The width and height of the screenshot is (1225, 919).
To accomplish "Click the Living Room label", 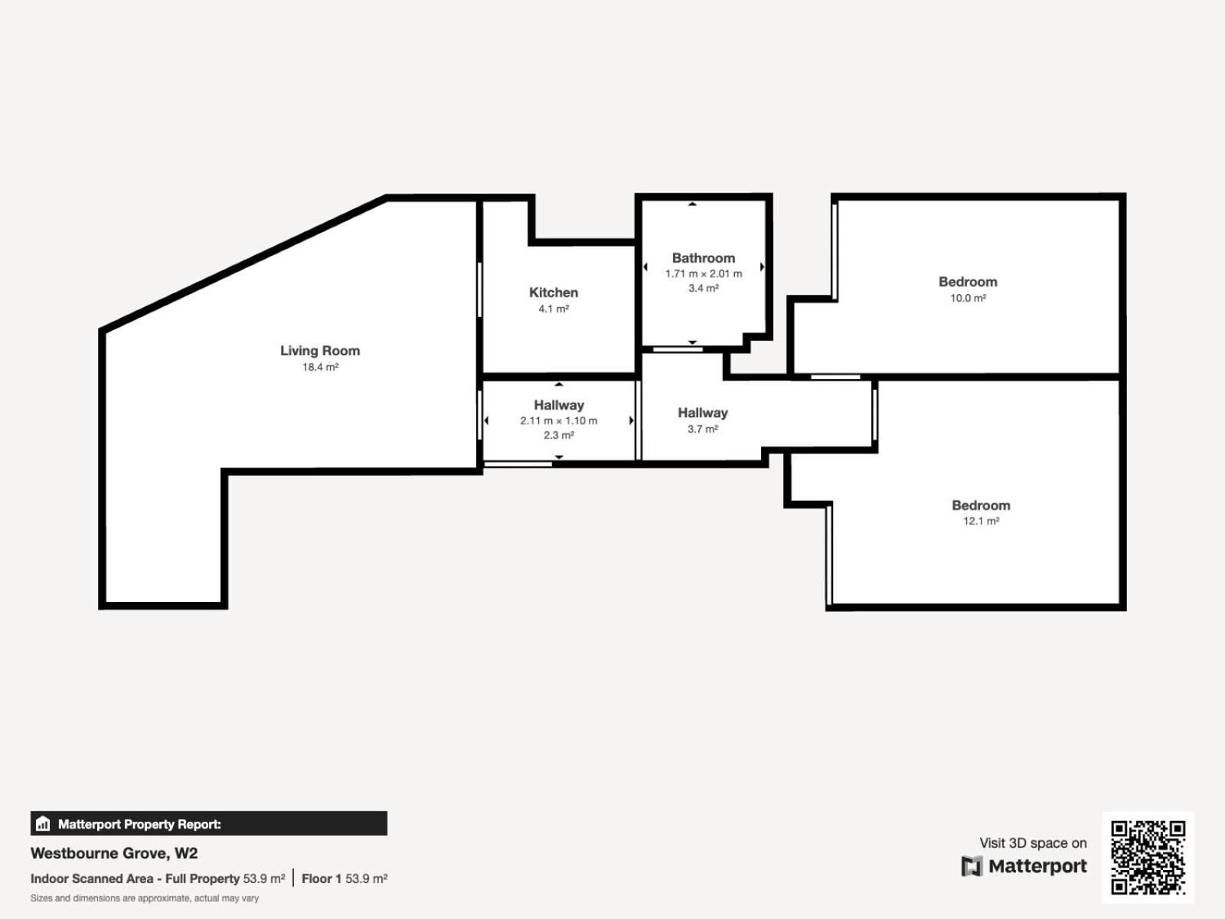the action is pyautogui.click(x=320, y=351).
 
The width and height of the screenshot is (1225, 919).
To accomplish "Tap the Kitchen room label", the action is pyautogui.click(x=554, y=293).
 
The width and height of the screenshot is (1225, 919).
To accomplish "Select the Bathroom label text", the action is pyautogui.click(x=703, y=258).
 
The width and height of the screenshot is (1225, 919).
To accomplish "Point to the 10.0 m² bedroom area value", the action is pyautogui.click(x=969, y=298).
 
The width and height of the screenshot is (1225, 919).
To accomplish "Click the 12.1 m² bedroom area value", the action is pyautogui.click(x=981, y=521).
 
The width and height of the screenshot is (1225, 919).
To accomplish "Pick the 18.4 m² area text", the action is pyautogui.click(x=320, y=367).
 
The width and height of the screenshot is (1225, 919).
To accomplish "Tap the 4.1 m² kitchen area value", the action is pyautogui.click(x=554, y=309).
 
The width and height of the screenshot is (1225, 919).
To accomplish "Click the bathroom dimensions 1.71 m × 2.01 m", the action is pyautogui.click(x=704, y=274).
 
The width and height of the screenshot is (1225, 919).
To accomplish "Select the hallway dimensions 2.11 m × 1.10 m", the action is pyautogui.click(x=559, y=420).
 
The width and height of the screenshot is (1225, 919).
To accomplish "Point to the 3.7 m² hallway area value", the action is pyautogui.click(x=703, y=429).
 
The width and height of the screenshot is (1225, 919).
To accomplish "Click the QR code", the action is pyautogui.click(x=1148, y=857).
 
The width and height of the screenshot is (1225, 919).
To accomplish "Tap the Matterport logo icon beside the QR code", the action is pyautogui.click(x=972, y=866).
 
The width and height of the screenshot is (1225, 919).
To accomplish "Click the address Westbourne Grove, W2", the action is pyautogui.click(x=114, y=853).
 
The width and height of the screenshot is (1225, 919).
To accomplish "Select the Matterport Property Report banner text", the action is pyautogui.click(x=139, y=824).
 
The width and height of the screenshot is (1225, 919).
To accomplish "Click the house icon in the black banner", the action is pyautogui.click(x=43, y=823).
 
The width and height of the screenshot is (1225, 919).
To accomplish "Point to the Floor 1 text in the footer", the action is pyautogui.click(x=322, y=879).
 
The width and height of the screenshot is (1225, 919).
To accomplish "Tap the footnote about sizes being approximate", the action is pyautogui.click(x=145, y=898).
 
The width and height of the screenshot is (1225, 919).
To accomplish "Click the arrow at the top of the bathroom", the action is pyautogui.click(x=692, y=204).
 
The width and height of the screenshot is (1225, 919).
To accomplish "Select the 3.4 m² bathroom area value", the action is pyautogui.click(x=704, y=288).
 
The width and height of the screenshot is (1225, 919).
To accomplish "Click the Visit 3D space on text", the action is pyautogui.click(x=1033, y=843).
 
